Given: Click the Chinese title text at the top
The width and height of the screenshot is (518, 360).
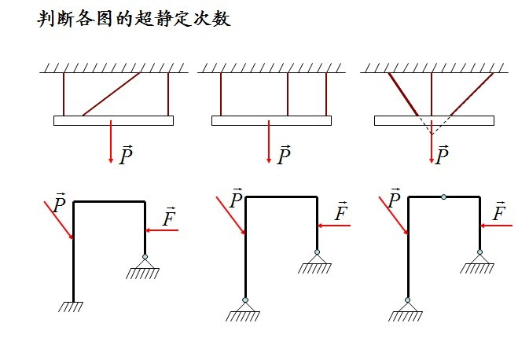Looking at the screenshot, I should coord(134,19).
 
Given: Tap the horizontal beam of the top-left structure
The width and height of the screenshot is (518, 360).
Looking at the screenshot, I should coord(113,120).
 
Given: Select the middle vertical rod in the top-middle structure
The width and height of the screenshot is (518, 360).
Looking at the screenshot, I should coord(288,94).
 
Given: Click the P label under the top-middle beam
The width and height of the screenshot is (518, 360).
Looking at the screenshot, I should coord(284,156).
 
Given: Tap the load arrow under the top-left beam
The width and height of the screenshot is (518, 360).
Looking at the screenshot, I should coord(112,141).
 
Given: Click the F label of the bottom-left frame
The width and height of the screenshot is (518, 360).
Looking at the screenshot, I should coord(168,216).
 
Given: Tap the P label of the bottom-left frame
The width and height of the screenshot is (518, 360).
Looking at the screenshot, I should coord(58,204).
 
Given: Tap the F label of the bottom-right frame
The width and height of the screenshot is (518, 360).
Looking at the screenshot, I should coord(498,212).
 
